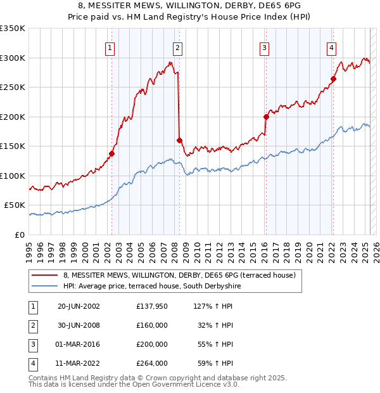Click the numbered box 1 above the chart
pos(110,48)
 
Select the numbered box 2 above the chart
pos(177,48)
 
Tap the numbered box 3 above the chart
pos(264,48)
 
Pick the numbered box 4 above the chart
pos(331,48)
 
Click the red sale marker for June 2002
pos(112,153)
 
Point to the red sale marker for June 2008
pos(179,140)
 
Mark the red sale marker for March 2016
pos(266,117)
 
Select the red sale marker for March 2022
pos(333,79)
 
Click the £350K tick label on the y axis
pos(13,29)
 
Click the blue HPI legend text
pos(152,286)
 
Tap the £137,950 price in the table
pos(151,306)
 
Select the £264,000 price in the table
pos(151,363)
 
